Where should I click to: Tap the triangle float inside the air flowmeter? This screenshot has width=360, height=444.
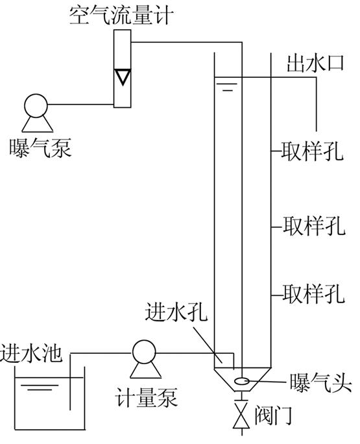[121, 78]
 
